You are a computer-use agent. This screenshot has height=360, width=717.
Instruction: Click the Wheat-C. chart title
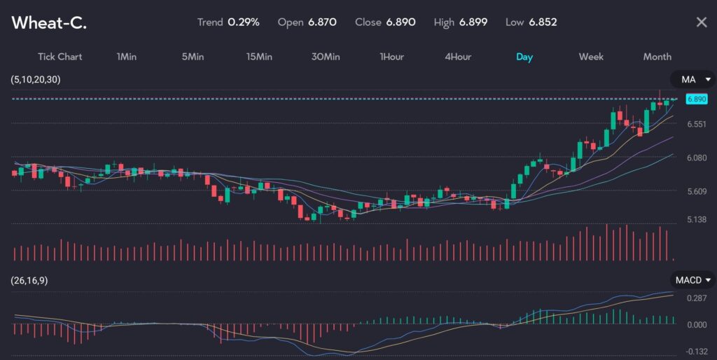49,22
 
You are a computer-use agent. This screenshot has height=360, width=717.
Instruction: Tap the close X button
701,22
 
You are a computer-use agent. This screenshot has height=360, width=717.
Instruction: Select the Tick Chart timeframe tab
60,57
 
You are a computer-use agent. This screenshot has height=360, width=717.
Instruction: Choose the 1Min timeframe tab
127,57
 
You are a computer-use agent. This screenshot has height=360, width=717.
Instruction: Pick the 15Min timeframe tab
259,57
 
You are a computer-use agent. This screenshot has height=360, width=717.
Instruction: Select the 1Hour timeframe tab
391,57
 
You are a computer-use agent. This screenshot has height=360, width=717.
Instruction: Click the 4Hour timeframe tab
458,57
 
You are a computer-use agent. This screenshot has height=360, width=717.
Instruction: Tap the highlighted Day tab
524,57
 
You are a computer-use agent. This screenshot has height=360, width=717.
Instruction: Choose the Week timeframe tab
591,57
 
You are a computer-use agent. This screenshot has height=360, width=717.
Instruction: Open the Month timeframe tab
657,57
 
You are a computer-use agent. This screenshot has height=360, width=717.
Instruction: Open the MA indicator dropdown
692,79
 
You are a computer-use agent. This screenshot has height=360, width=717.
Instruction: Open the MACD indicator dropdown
692,280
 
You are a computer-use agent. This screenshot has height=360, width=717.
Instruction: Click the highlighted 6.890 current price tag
696,99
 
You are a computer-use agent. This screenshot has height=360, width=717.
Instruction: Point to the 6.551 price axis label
696,124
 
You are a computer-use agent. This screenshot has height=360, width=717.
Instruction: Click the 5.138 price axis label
696,220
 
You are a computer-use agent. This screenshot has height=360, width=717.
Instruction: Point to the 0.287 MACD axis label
696,298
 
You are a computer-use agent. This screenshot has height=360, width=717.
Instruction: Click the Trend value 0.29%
244,22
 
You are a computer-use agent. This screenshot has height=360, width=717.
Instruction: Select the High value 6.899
473,22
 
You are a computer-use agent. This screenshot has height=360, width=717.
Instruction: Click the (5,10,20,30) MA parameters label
36,80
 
